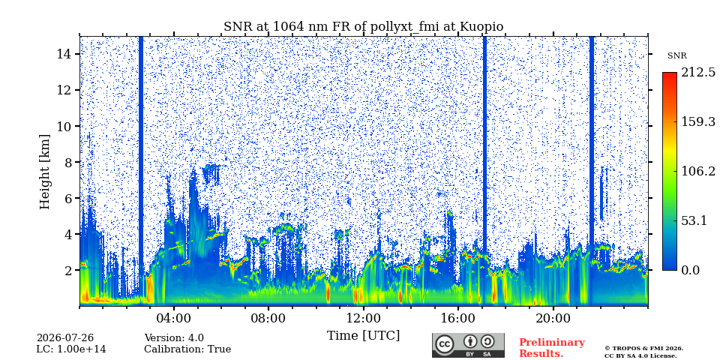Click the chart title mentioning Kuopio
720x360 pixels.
(363, 27)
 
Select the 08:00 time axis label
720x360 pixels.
(268, 318)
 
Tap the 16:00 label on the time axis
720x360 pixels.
(458, 318)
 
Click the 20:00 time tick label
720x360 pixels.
(553, 318)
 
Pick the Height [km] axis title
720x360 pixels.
(44, 172)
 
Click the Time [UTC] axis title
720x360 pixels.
(363, 336)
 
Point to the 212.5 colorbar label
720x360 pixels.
(698, 73)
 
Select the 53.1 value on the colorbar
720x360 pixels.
(693, 220)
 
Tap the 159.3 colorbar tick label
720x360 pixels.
(698, 121)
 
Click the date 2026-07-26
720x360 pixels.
(65, 338)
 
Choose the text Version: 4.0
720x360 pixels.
(174, 338)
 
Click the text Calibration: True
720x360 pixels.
(187, 349)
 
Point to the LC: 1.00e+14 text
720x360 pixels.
(71, 349)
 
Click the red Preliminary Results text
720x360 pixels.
(552, 347)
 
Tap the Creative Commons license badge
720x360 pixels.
(468, 345)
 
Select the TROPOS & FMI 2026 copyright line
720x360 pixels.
(643, 349)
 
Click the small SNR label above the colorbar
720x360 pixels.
(676, 56)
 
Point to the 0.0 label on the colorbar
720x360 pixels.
(691, 270)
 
